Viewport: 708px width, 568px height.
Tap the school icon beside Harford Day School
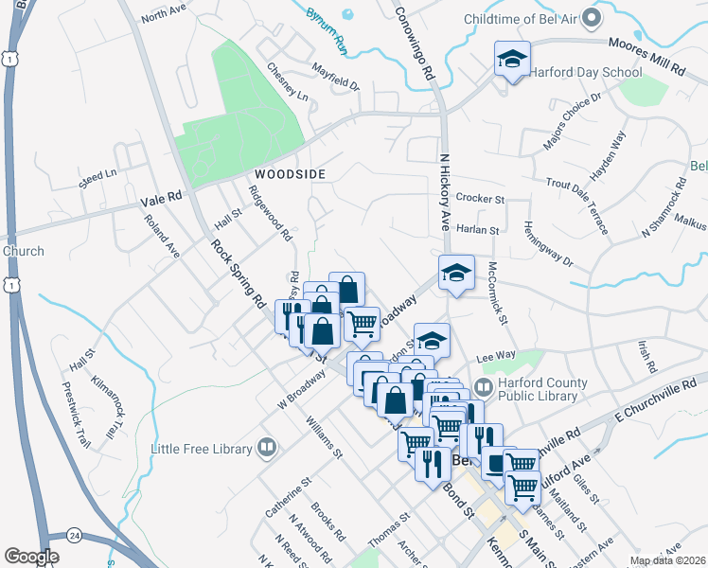click(511, 60)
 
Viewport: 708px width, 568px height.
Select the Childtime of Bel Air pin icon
click(592, 18)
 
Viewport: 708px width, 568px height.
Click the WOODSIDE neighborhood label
click(290, 175)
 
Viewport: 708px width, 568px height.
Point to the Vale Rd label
click(160, 200)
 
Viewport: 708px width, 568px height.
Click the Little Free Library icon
click(267, 448)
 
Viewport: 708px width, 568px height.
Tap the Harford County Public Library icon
click(484, 387)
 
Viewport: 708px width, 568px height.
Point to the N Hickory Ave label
click(444, 190)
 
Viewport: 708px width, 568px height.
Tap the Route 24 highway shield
click(72, 535)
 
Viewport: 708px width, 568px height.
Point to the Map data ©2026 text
click(667, 560)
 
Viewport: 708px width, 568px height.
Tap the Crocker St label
click(480, 199)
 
